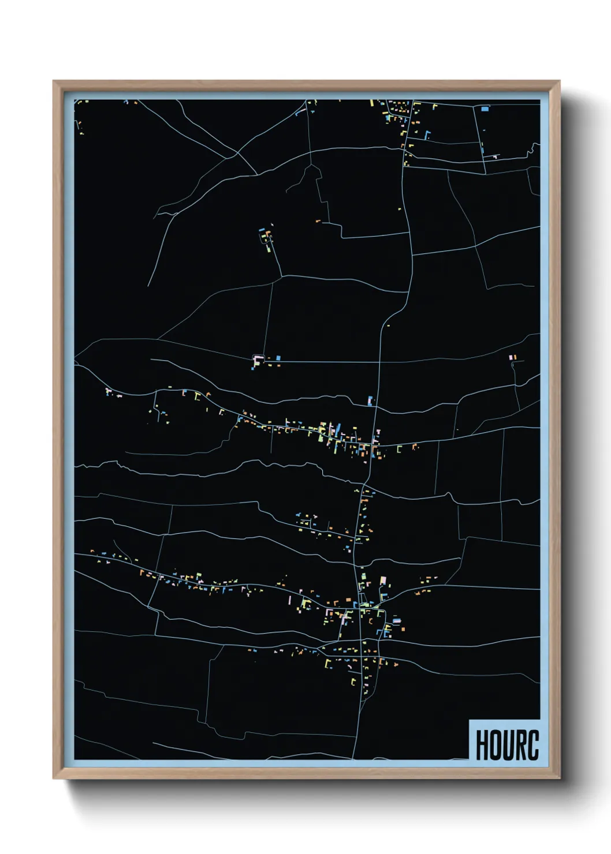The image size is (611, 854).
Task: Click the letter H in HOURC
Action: (481, 745)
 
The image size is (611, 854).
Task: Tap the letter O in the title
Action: (494, 745)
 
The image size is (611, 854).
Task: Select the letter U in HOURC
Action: (506, 745)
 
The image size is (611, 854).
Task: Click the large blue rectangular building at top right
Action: (485, 108)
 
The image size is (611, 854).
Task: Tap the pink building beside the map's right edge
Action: (511, 358)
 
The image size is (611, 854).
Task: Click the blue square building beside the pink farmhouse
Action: (278, 358)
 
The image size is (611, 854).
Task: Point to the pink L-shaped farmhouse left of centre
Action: (256, 360)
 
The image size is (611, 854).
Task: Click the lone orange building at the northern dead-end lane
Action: (318, 220)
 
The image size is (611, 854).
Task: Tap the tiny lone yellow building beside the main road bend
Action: (399, 209)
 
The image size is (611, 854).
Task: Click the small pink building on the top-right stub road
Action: (495, 155)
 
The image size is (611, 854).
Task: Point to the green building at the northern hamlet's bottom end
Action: (269, 250)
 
